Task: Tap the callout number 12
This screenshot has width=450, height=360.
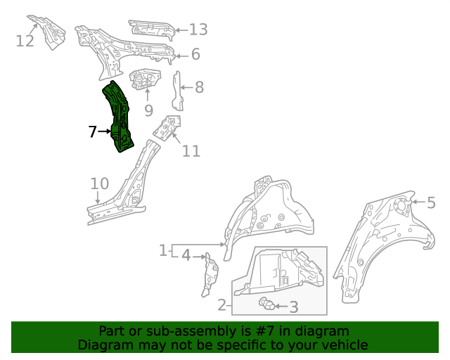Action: coord(25,41)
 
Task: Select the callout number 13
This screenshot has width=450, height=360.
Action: coord(198,29)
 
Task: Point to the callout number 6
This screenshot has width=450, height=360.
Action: coord(195,54)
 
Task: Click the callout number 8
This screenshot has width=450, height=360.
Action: coord(199,87)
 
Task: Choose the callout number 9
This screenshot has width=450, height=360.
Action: coord(148,110)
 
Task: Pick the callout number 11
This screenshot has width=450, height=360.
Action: coord(191,150)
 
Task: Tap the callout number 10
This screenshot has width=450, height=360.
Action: coord(99,184)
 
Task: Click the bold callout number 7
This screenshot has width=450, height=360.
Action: coord(92,131)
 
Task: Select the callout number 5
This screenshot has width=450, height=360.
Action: coord(431,203)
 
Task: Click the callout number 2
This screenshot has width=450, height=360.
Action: coord(222,304)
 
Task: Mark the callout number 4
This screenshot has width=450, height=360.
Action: coord(186,255)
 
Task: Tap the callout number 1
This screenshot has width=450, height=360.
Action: coord(162,250)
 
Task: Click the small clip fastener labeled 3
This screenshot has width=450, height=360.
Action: coord(266,304)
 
